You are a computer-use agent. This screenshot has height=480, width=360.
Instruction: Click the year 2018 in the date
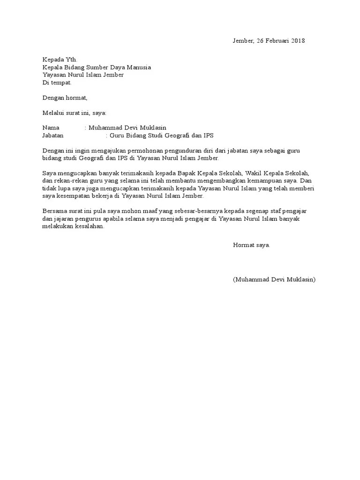coord(297,41)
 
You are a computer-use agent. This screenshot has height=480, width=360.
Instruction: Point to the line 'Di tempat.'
coord(57,82)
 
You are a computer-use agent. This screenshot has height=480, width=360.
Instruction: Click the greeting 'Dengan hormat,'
coord(65,98)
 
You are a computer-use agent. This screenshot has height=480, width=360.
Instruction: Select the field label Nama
coord(51,128)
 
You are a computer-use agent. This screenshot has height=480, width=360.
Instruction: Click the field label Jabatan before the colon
coord(53,135)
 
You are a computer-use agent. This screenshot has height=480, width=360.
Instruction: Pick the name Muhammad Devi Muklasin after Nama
coord(127,128)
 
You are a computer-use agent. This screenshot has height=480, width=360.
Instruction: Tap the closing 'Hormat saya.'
coord(251,245)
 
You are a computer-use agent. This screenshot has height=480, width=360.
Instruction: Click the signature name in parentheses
coord(274,279)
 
